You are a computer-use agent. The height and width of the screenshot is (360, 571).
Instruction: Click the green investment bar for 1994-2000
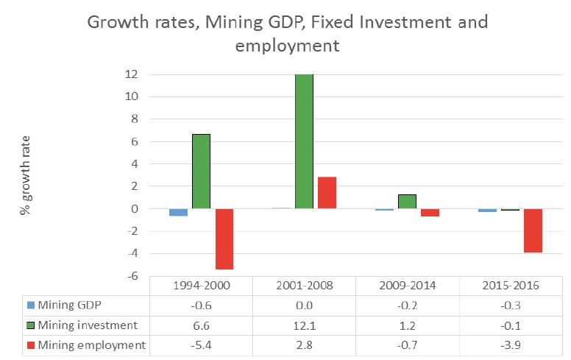click(x=201, y=171)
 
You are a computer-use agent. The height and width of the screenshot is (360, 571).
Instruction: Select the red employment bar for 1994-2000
click(x=224, y=239)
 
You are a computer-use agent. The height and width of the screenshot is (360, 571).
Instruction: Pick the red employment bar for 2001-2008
click(x=327, y=193)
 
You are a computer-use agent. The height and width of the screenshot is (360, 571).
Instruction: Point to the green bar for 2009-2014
click(x=407, y=202)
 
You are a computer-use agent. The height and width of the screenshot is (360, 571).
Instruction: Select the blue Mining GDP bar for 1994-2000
click(x=178, y=212)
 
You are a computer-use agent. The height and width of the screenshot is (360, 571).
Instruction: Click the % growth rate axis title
click(x=26, y=174)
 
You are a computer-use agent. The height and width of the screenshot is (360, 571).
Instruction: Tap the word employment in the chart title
click(x=286, y=46)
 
